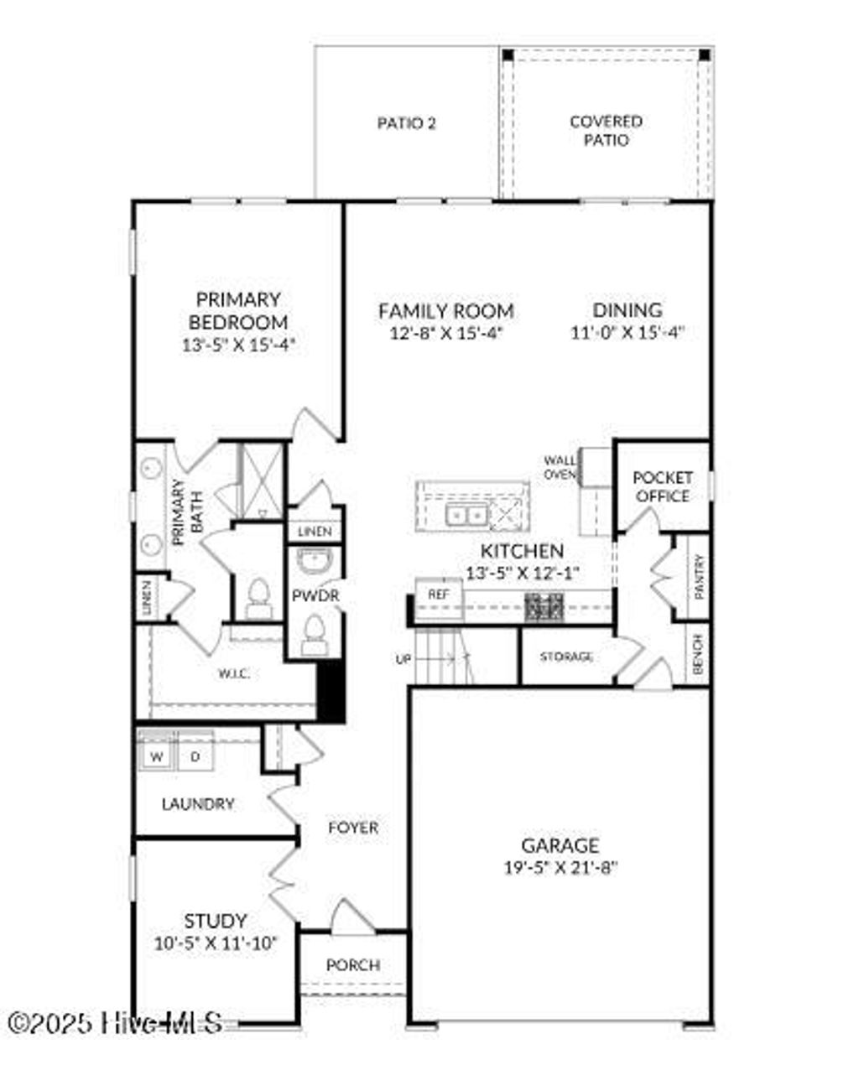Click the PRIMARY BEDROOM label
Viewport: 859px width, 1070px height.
[x=238, y=311]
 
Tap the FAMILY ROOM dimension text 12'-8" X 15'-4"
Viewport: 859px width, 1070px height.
[x=445, y=333]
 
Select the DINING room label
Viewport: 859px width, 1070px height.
[x=627, y=310]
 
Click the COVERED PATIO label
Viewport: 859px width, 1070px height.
[x=606, y=131]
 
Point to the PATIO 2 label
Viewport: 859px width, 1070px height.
[x=406, y=123]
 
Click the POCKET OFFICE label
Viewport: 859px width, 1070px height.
[x=662, y=486]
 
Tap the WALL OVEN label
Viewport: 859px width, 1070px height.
[x=560, y=467]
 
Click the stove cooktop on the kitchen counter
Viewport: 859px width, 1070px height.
[x=544, y=606]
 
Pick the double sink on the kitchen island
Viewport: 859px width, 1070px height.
[x=466, y=513]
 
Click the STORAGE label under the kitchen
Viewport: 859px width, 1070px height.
[x=566, y=657]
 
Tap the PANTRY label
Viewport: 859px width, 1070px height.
[x=699, y=576]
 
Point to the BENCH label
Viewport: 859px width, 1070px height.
[x=699, y=652]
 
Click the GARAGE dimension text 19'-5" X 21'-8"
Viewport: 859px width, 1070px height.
[x=560, y=869]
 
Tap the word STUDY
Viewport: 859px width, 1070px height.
[x=216, y=921]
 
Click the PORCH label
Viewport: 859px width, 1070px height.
[x=353, y=965]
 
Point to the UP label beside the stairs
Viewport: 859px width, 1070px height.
[x=403, y=659]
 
